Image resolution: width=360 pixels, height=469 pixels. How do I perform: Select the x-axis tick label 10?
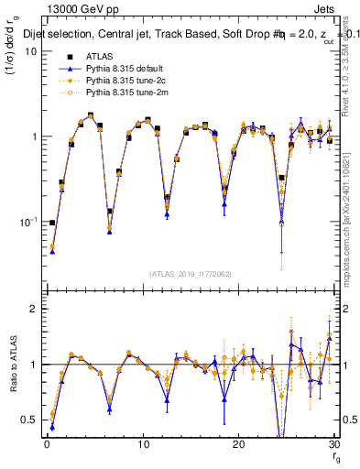click(x=142, y=444)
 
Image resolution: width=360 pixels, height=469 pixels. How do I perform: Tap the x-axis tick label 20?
click(x=238, y=444)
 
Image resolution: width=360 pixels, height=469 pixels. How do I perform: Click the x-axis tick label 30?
click(x=333, y=444)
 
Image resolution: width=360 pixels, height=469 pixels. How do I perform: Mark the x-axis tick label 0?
click(x=47, y=444)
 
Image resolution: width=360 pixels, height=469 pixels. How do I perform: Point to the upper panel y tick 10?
click(x=30, y=51)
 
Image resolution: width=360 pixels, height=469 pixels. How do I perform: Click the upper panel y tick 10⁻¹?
click(x=27, y=222)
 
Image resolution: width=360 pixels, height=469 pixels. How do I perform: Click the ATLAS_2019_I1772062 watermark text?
click(x=190, y=273)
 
